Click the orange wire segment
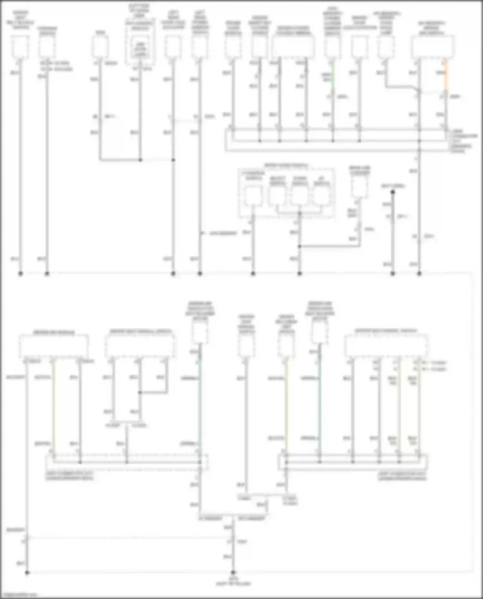pyautogui.click(x=446, y=76)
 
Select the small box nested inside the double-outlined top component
pyautogui.click(x=140, y=49)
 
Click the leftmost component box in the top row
pyautogui.click(x=20, y=47)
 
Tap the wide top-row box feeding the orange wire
pyautogui.click(x=432, y=47)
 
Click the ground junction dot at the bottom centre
pyautogui.click(x=233, y=573)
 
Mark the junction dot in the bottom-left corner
pyautogui.click(x=27, y=573)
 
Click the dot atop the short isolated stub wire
pyautogui.click(x=393, y=192)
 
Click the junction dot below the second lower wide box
pyautogui.click(x=140, y=393)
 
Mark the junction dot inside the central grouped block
pyautogui.click(x=300, y=213)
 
